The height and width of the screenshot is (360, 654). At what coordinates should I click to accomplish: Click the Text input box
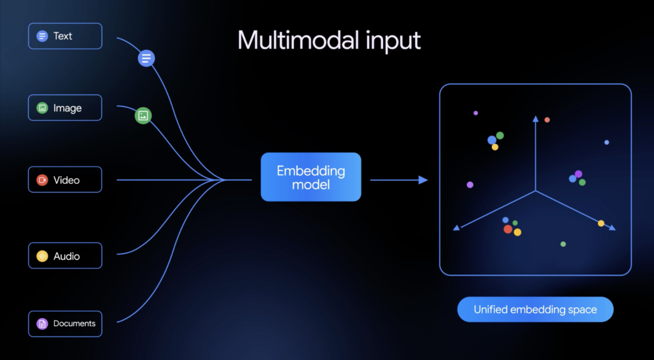[x=65, y=36]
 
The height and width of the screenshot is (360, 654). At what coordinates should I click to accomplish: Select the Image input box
[x=65, y=108]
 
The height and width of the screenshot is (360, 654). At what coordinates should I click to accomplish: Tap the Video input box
[x=65, y=180]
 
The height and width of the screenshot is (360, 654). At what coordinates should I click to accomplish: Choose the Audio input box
[x=65, y=256]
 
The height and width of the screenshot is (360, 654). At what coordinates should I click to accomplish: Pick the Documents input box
[x=65, y=324]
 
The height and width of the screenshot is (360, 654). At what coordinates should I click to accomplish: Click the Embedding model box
[x=310, y=177]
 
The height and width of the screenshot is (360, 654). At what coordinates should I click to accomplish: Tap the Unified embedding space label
[x=535, y=310]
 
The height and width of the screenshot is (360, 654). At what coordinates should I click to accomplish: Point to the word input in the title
[x=392, y=41]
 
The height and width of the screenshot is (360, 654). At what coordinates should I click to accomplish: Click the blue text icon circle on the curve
[x=146, y=59]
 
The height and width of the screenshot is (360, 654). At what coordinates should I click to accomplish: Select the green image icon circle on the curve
[x=143, y=116]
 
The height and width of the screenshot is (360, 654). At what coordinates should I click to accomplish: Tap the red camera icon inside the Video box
[x=42, y=180]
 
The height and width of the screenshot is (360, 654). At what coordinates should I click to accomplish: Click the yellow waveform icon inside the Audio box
[x=42, y=256]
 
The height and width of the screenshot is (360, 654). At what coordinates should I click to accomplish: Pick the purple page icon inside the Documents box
[x=42, y=324]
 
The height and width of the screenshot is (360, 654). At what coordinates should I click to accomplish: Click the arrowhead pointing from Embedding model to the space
[x=423, y=180]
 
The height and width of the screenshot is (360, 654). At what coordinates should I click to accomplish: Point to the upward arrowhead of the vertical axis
[x=536, y=119]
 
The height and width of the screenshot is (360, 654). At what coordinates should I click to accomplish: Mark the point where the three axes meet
[x=536, y=190]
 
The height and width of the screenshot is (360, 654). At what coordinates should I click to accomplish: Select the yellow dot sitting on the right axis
[x=601, y=223]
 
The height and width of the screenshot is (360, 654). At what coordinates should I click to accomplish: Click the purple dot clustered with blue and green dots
[x=579, y=174]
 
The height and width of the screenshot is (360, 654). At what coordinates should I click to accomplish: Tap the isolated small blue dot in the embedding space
[x=607, y=142]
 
